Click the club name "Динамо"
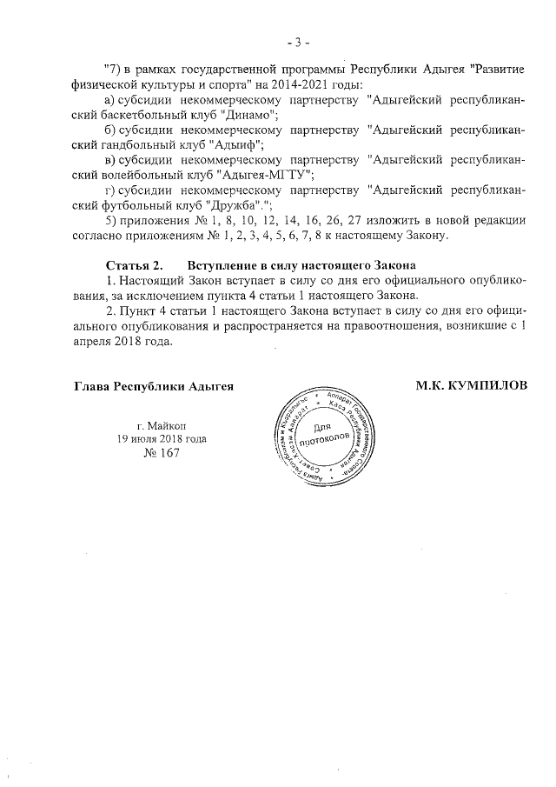pos(249,115)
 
